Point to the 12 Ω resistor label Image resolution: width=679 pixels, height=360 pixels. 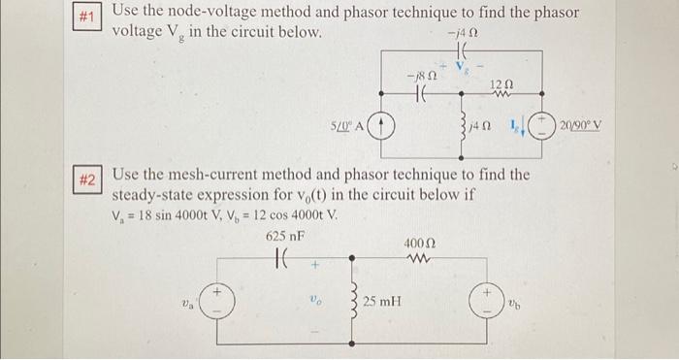pyautogui.click(x=501, y=84)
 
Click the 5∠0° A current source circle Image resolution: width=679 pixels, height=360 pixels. pyautogui.click(x=384, y=127)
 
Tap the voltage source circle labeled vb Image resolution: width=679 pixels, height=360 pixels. pyautogui.click(x=485, y=301)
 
